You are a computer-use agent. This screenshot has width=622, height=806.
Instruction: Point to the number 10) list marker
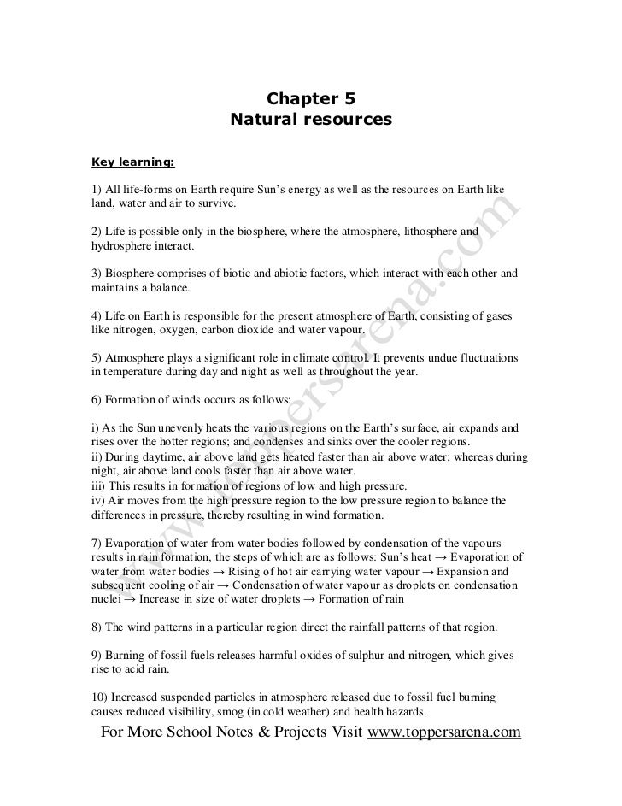click(x=97, y=697)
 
